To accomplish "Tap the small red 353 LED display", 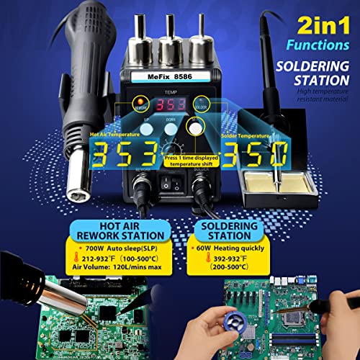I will (x=170, y=102).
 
